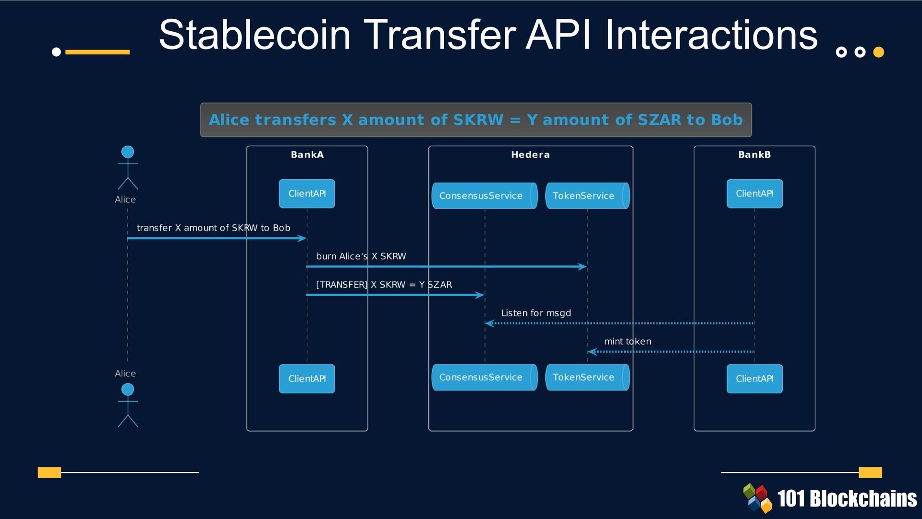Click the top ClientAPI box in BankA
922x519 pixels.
tap(307, 194)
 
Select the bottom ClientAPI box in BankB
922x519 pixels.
tap(754, 379)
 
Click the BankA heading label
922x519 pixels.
tap(307, 155)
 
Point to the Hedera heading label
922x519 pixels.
tap(530, 155)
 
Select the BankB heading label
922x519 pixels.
tap(754, 155)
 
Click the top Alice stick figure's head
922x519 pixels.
tap(128, 152)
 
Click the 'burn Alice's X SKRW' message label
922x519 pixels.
tap(361, 256)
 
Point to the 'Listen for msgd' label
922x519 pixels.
tap(536, 313)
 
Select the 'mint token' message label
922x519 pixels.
tap(627, 341)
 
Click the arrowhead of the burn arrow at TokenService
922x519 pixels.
tap(582, 267)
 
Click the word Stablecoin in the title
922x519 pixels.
tap(255, 35)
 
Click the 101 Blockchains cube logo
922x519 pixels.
tap(757, 498)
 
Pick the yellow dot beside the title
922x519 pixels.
tap(878, 52)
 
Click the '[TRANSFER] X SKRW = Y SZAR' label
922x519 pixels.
tap(384, 284)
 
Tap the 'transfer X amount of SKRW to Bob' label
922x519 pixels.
tap(213, 228)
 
